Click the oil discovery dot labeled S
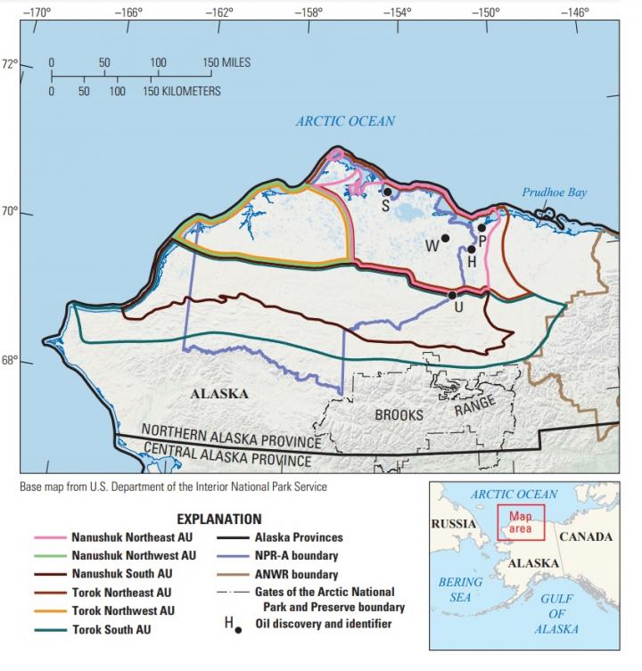click(x=388, y=192)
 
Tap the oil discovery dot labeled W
click(x=445, y=239)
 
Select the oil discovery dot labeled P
click(x=481, y=228)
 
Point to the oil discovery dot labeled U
click(x=453, y=295)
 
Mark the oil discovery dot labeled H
click(x=472, y=250)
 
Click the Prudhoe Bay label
click(x=555, y=192)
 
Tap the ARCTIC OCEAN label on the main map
click(x=345, y=121)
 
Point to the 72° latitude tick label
click(x=10, y=64)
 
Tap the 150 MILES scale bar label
click(x=226, y=63)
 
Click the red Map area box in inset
click(x=521, y=522)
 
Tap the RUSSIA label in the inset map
click(x=454, y=523)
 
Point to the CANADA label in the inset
click(x=586, y=536)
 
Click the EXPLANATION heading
click(x=219, y=519)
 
